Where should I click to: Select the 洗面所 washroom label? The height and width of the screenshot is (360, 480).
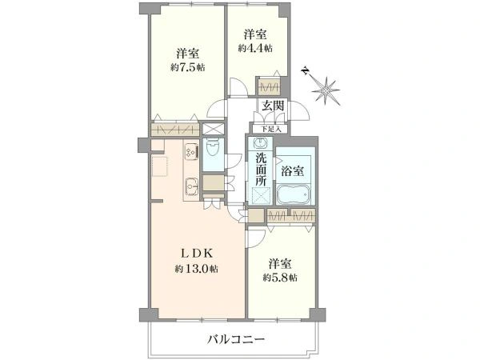(x=261, y=170)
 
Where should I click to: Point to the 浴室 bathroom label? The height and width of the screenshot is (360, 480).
(x=291, y=170)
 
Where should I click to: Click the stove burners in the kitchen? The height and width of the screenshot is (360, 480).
(x=191, y=150)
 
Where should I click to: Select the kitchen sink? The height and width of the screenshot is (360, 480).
(x=192, y=186)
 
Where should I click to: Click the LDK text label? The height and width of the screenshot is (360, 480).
(x=197, y=253)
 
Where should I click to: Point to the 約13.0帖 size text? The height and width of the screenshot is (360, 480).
(x=197, y=269)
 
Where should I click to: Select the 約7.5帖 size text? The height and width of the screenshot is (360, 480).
(x=188, y=68)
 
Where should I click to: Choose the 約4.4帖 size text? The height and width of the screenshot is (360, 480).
(x=255, y=48)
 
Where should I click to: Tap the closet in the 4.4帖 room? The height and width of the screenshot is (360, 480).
(x=267, y=86)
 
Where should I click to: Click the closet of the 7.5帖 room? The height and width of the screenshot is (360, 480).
(x=175, y=129)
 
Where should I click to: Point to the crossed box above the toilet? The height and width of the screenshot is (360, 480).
(x=214, y=129)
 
